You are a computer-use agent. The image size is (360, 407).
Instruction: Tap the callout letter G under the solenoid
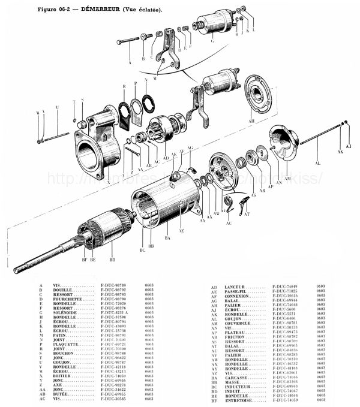[x=212, y=41]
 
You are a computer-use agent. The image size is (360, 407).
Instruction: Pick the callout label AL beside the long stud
[x=317, y=163]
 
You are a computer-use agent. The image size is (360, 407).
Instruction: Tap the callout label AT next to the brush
[x=248, y=213]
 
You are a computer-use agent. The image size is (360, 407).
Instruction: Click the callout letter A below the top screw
[x=130, y=62]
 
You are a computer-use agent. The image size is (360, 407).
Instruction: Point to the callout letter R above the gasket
[x=124, y=88]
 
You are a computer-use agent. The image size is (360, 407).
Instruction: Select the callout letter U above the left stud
[x=57, y=107]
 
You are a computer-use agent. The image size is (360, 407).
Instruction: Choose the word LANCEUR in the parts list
[x=234, y=287]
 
